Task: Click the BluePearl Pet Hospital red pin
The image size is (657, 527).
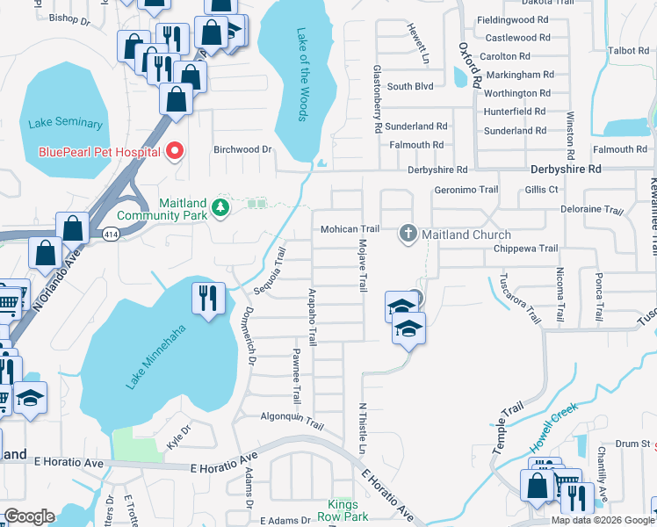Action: click(175, 151)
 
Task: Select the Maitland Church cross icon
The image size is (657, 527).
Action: click(408, 234)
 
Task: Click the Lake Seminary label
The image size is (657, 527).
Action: click(65, 124)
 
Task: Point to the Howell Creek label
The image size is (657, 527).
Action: click(552, 420)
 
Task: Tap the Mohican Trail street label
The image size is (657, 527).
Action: click(349, 229)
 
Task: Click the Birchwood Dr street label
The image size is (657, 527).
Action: click(243, 149)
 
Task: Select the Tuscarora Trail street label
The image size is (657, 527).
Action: click(519, 298)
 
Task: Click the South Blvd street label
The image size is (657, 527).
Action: click(410, 86)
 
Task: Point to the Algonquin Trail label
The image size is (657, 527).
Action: click(292, 421)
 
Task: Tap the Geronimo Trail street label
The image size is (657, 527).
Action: click(466, 190)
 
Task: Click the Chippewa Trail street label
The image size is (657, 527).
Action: click(524, 249)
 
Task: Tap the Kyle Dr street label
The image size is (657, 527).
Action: click(178, 432)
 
